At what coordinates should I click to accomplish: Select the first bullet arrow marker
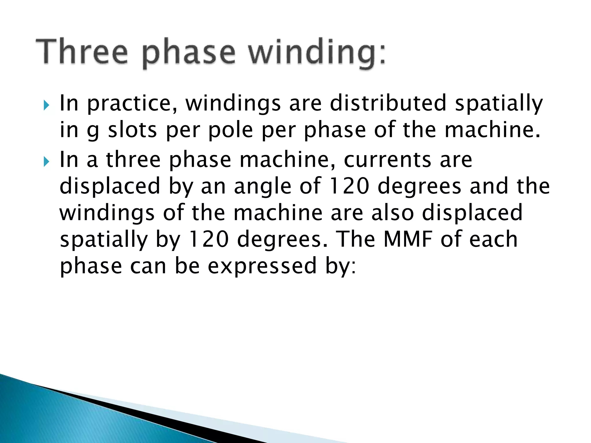[x=46, y=106]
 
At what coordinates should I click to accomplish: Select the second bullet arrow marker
[x=46, y=162]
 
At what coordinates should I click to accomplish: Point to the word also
[x=392, y=213]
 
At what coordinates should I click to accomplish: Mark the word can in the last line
[x=148, y=266]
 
